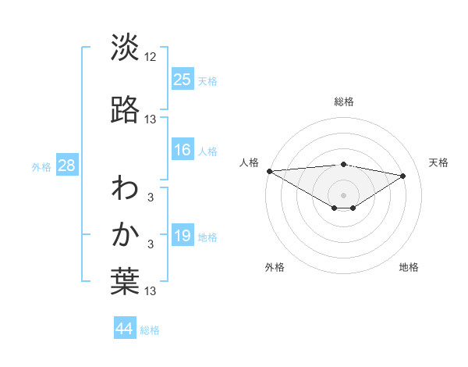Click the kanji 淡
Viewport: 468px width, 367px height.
coord(125,48)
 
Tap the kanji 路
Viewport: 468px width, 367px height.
coord(125,110)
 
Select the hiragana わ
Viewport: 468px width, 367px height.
coord(125,188)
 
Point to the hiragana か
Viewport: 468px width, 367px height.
coord(125,234)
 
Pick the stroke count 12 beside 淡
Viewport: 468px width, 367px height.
coord(151,56)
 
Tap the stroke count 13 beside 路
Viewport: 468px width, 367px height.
coord(151,119)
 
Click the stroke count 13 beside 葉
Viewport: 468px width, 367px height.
coord(151,291)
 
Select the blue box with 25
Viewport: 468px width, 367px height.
coord(183,79)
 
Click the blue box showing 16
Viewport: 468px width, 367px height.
coord(183,150)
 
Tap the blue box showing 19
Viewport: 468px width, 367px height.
coord(183,236)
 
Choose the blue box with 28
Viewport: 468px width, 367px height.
coord(66,165)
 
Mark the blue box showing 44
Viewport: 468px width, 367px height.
coord(125,329)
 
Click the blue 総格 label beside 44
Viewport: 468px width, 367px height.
coord(150,330)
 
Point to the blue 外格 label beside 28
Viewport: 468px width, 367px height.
coord(41,166)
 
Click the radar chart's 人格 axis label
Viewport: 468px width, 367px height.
coord(249,162)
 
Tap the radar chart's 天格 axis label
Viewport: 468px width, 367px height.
coord(439,162)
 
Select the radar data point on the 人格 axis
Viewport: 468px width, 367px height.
coord(269,171)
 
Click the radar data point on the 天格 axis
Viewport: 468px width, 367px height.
coord(403,176)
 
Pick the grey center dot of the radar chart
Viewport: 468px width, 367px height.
coord(344,194)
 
